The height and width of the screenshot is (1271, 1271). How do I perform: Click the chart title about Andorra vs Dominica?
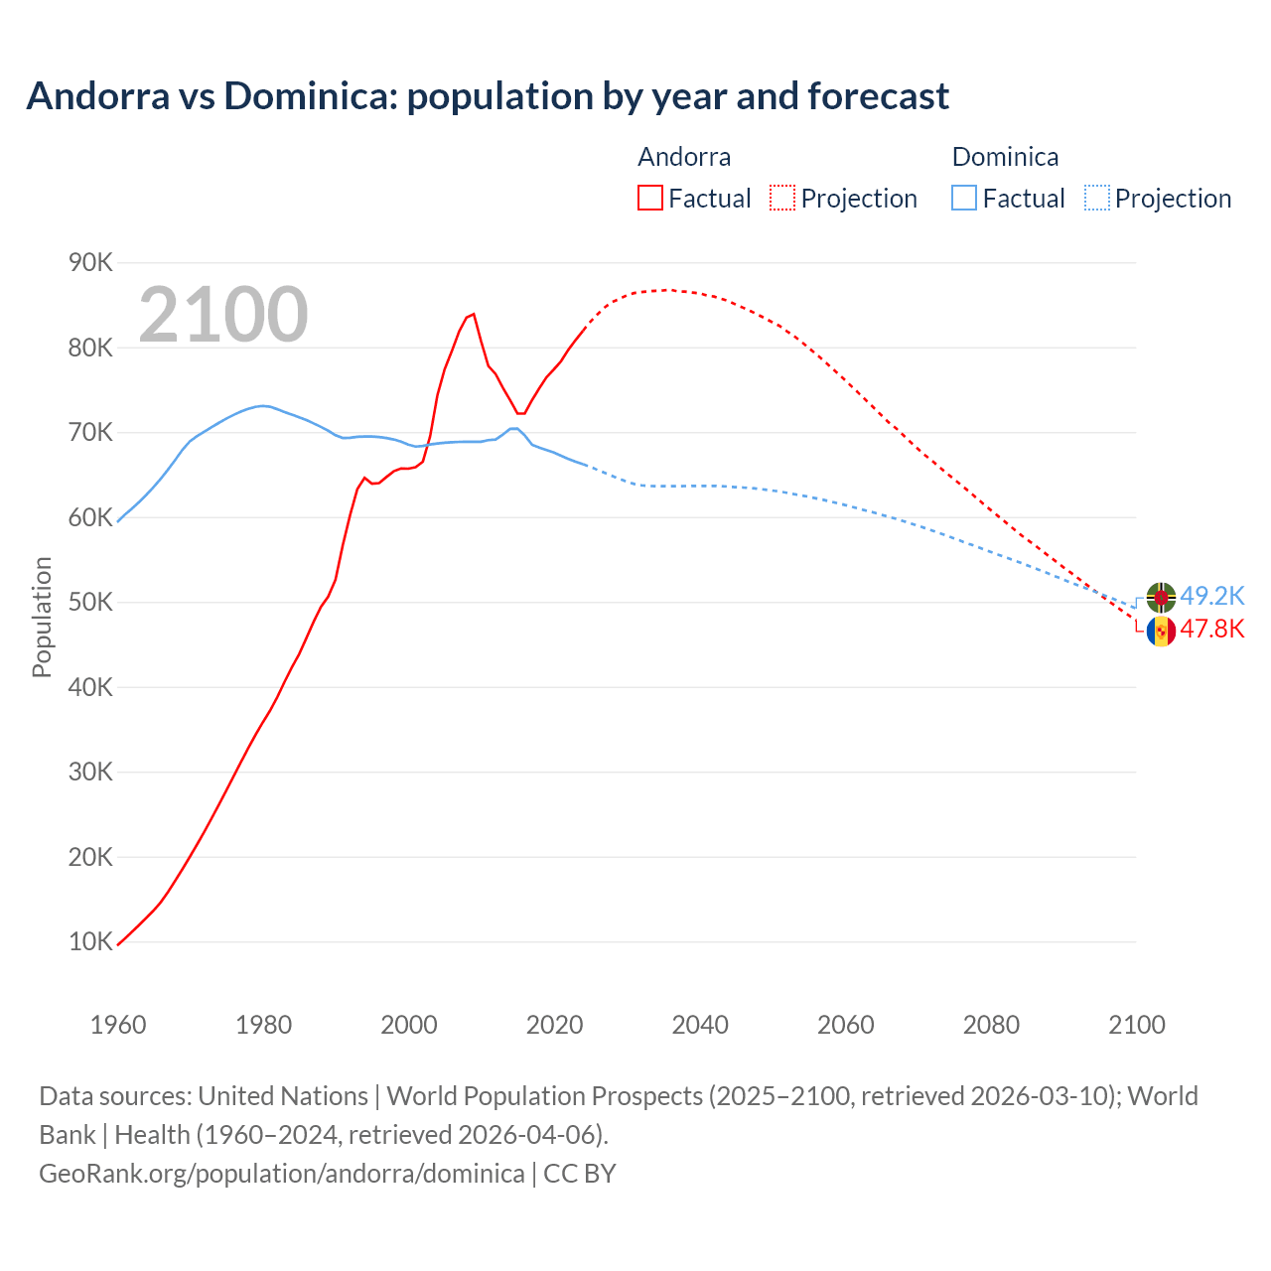coord(488,96)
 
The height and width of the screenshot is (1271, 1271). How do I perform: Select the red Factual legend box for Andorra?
coord(649,198)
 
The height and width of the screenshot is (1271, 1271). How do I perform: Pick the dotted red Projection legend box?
coord(781,198)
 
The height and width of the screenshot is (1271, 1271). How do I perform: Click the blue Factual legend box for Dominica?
coord(963,198)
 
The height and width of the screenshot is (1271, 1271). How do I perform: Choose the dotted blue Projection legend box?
coord(1096,198)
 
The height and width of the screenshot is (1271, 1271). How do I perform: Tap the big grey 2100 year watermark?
coord(223,315)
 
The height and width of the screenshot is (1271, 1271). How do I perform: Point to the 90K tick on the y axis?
coord(90,262)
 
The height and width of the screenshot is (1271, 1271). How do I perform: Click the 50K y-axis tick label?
coord(90,602)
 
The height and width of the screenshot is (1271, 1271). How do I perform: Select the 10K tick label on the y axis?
coord(90,941)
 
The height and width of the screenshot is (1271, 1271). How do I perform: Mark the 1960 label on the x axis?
coord(118,1025)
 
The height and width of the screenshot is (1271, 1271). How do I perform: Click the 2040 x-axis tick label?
coord(700,1025)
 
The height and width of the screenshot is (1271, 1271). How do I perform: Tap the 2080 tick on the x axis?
coord(991,1025)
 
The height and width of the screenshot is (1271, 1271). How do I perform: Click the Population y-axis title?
coord(42,617)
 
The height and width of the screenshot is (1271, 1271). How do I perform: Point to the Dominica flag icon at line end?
coord(1161,597)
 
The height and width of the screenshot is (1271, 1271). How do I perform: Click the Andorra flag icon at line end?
coord(1161,631)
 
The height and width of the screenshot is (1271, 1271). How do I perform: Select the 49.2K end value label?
coord(1211,596)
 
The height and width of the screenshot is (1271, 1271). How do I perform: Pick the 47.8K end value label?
coord(1211,630)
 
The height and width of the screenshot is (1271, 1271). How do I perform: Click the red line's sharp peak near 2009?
coord(473,314)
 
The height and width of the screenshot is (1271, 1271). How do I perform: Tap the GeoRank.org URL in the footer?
coord(282,1173)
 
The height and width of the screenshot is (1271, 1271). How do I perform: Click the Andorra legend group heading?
coord(684,157)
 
